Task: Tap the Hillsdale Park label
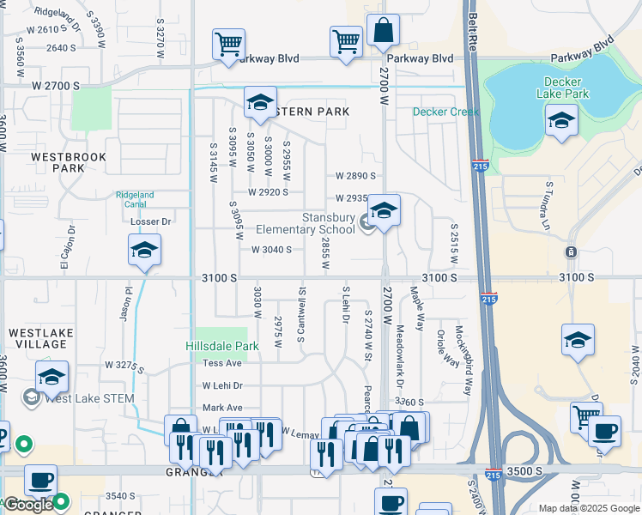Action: click(222, 346)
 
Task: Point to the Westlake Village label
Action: click(37, 337)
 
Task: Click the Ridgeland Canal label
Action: click(135, 200)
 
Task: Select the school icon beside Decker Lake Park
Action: click(561, 121)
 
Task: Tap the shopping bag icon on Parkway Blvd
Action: click(383, 31)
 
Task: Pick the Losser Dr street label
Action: click(151, 221)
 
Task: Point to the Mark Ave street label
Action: click(222, 408)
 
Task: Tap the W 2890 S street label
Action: click(355, 175)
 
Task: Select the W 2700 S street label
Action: click(56, 87)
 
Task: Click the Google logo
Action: click(27, 505)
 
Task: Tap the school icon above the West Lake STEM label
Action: click(51, 377)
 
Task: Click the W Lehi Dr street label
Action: click(223, 386)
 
